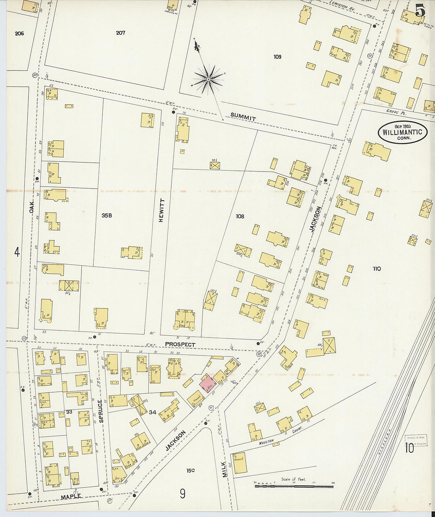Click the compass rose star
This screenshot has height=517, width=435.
point(208,79)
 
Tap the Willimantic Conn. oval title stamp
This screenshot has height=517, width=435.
point(403,132)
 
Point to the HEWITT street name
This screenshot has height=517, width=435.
point(161,210)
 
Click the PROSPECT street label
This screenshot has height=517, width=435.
point(180,344)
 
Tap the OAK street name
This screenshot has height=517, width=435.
point(32,206)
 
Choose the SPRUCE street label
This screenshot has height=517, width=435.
point(101,411)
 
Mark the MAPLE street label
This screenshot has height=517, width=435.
point(71,496)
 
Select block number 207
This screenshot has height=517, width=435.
point(121,32)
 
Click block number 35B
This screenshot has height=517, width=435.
point(107,216)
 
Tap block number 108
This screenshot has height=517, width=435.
point(240,216)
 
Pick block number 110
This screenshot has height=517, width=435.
point(376,269)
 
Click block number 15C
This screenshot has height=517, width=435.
point(191,470)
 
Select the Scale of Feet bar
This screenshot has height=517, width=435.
point(293,485)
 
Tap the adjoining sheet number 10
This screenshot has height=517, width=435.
point(409,448)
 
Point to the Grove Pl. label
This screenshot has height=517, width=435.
point(396,113)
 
